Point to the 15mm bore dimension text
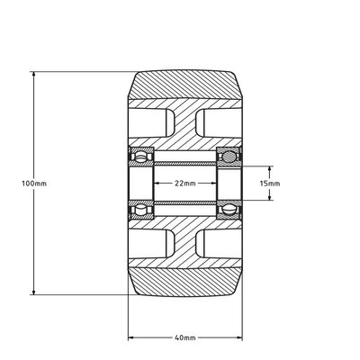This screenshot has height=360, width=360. pyautogui.click(x=269, y=183)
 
